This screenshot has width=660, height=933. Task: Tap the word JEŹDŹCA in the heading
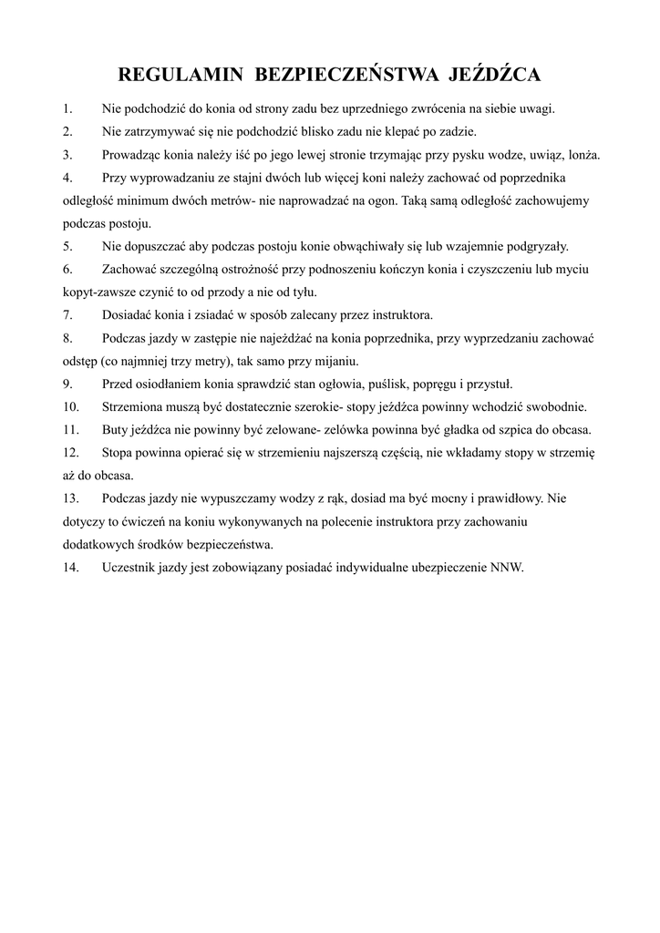tap(492, 74)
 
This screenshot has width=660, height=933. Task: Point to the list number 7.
tap(67, 315)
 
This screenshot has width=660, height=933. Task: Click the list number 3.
tap(67, 154)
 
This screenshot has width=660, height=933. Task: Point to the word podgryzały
tap(538, 246)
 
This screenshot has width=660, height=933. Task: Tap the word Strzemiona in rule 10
tap(135, 406)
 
